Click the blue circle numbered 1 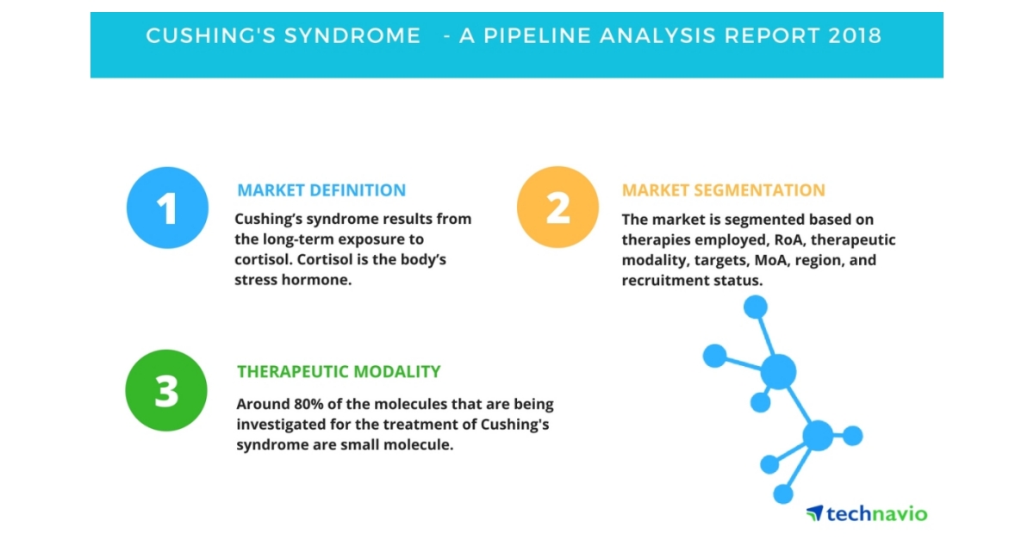(167, 208)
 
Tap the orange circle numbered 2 (557, 208)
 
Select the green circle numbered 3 (166, 390)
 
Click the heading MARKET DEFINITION (321, 190)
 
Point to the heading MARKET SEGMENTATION (723, 190)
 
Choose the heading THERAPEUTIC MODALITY (339, 372)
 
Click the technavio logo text (877, 514)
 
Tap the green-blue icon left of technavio (814, 513)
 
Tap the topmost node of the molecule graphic (755, 306)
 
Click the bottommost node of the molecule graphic (782, 493)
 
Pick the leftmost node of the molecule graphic (714, 355)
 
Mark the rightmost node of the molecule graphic (852, 436)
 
